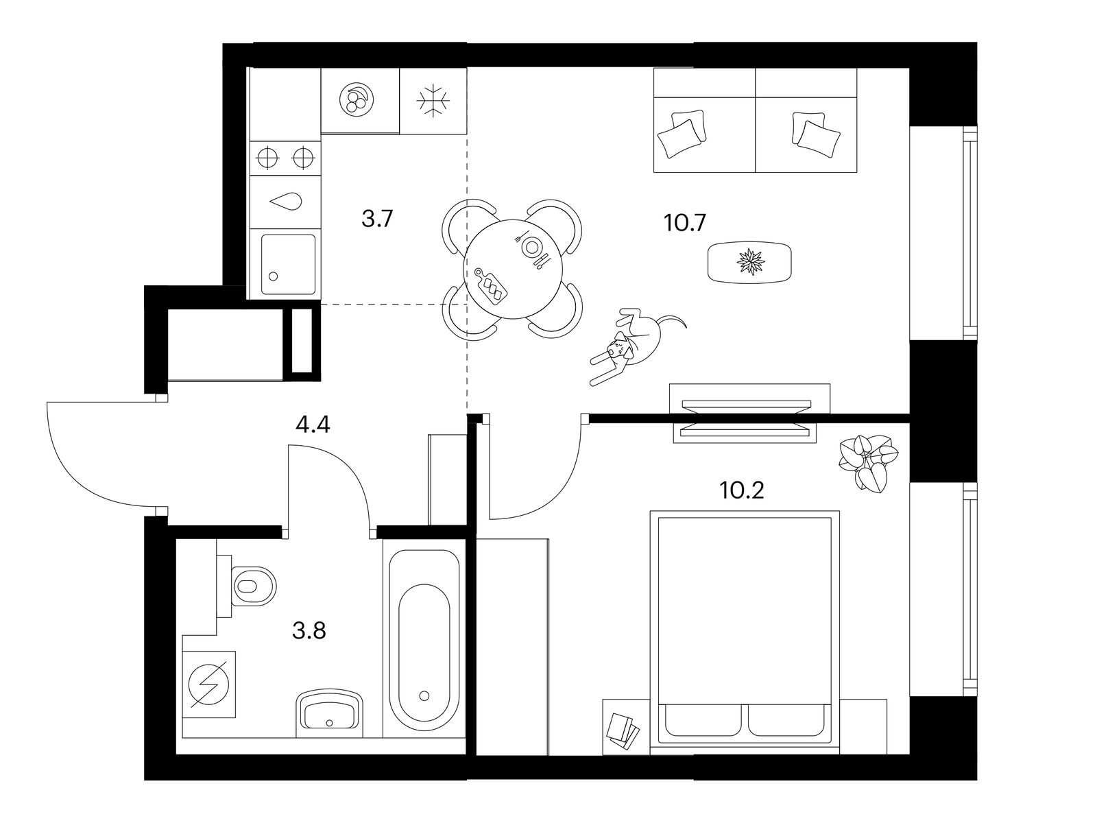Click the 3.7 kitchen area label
(376, 220)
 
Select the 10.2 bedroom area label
(741, 490)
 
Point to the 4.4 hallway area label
(313, 425)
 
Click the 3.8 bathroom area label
(309, 630)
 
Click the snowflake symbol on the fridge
(433, 102)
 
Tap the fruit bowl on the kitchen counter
(357, 100)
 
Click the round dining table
(514, 268)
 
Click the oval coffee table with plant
(749, 261)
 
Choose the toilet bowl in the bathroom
(254, 586)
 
